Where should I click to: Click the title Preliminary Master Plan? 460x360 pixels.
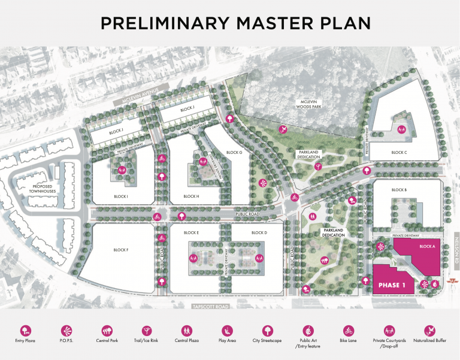(235, 23)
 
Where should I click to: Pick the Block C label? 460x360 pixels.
(399, 152)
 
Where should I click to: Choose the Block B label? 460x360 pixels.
(399, 190)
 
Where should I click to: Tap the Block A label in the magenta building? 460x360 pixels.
(427, 246)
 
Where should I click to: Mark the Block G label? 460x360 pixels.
(234, 152)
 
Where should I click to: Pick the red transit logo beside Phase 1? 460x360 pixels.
(435, 284)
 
